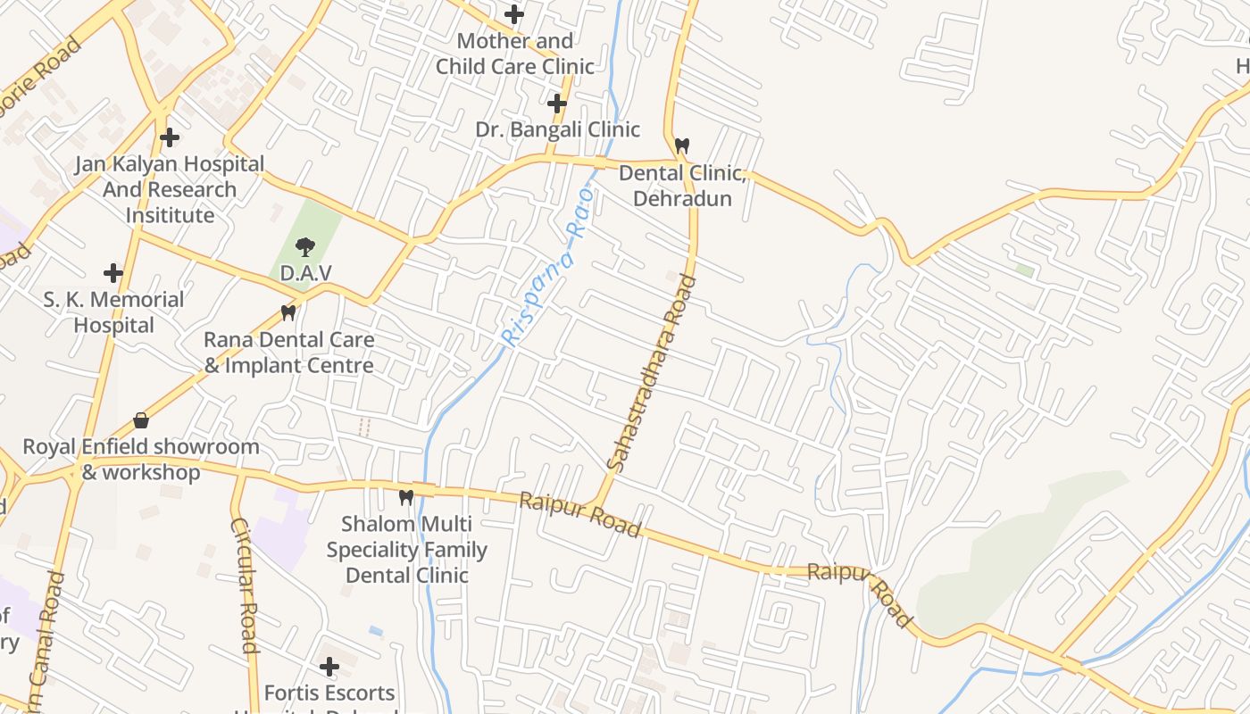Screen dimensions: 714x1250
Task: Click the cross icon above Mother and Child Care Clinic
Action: pos(514,14)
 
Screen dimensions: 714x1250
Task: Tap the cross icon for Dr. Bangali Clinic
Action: pos(557,104)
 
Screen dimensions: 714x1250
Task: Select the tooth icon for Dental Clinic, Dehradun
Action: pos(682,145)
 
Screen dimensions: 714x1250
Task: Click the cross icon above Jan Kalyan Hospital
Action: pos(170,137)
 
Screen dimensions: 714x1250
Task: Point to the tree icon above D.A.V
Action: pos(305,246)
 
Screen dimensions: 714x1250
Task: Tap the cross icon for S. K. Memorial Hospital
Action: pos(113,272)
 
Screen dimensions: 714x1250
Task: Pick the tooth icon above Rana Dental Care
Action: pos(287,312)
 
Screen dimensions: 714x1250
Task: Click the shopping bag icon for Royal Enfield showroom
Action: pos(140,419)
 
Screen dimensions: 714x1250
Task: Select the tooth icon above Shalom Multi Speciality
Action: pos(406,496)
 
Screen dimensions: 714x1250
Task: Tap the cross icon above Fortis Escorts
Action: pos(329,666)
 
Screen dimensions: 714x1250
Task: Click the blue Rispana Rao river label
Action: pos(547,268)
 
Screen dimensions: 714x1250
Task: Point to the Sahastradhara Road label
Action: pos(650,372)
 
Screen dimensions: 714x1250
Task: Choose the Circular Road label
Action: pos(245,585)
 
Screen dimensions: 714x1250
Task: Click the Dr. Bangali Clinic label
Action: pos(557,129)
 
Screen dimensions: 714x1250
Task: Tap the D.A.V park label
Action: pos(305,272)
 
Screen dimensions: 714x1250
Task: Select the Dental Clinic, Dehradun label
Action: pos(682,186)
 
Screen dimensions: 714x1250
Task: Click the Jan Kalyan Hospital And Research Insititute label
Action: pos(170,189)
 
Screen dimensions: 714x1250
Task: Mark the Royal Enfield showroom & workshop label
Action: pos(141,459)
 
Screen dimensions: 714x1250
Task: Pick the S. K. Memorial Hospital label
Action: pos(113,312)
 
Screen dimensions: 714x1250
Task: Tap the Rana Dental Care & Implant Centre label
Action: pos(288,353)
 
